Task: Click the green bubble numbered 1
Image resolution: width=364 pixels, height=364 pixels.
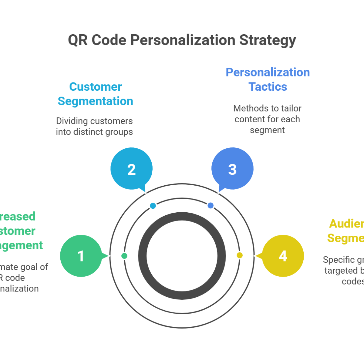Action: [81, 256]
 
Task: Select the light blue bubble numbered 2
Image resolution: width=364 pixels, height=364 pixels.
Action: [131, 169]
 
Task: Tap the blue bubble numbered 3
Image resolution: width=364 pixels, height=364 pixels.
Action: [232, 169]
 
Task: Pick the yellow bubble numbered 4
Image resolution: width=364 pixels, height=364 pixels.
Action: [283, 256]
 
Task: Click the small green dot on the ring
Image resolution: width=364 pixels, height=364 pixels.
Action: [124, 256]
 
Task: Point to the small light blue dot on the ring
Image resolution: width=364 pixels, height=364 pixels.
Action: [153, 206]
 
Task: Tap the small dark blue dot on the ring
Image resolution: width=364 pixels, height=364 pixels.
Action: [211, 206]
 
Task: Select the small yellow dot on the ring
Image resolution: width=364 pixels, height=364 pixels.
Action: [240, 255]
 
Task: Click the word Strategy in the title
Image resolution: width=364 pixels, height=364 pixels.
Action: [268, 40]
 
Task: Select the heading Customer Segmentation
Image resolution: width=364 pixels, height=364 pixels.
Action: [95, 94]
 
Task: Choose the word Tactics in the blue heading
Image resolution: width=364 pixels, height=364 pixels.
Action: [268, 87]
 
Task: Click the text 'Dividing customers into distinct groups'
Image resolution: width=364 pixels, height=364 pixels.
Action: [95, 126]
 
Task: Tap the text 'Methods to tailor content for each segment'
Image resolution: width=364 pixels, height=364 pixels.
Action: [268, 119]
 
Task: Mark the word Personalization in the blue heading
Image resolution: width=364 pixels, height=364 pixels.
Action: [268, 72]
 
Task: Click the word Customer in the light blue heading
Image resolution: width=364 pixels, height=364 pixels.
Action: [95, 87]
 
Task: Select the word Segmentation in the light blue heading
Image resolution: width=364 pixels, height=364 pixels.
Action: [95, 101]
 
